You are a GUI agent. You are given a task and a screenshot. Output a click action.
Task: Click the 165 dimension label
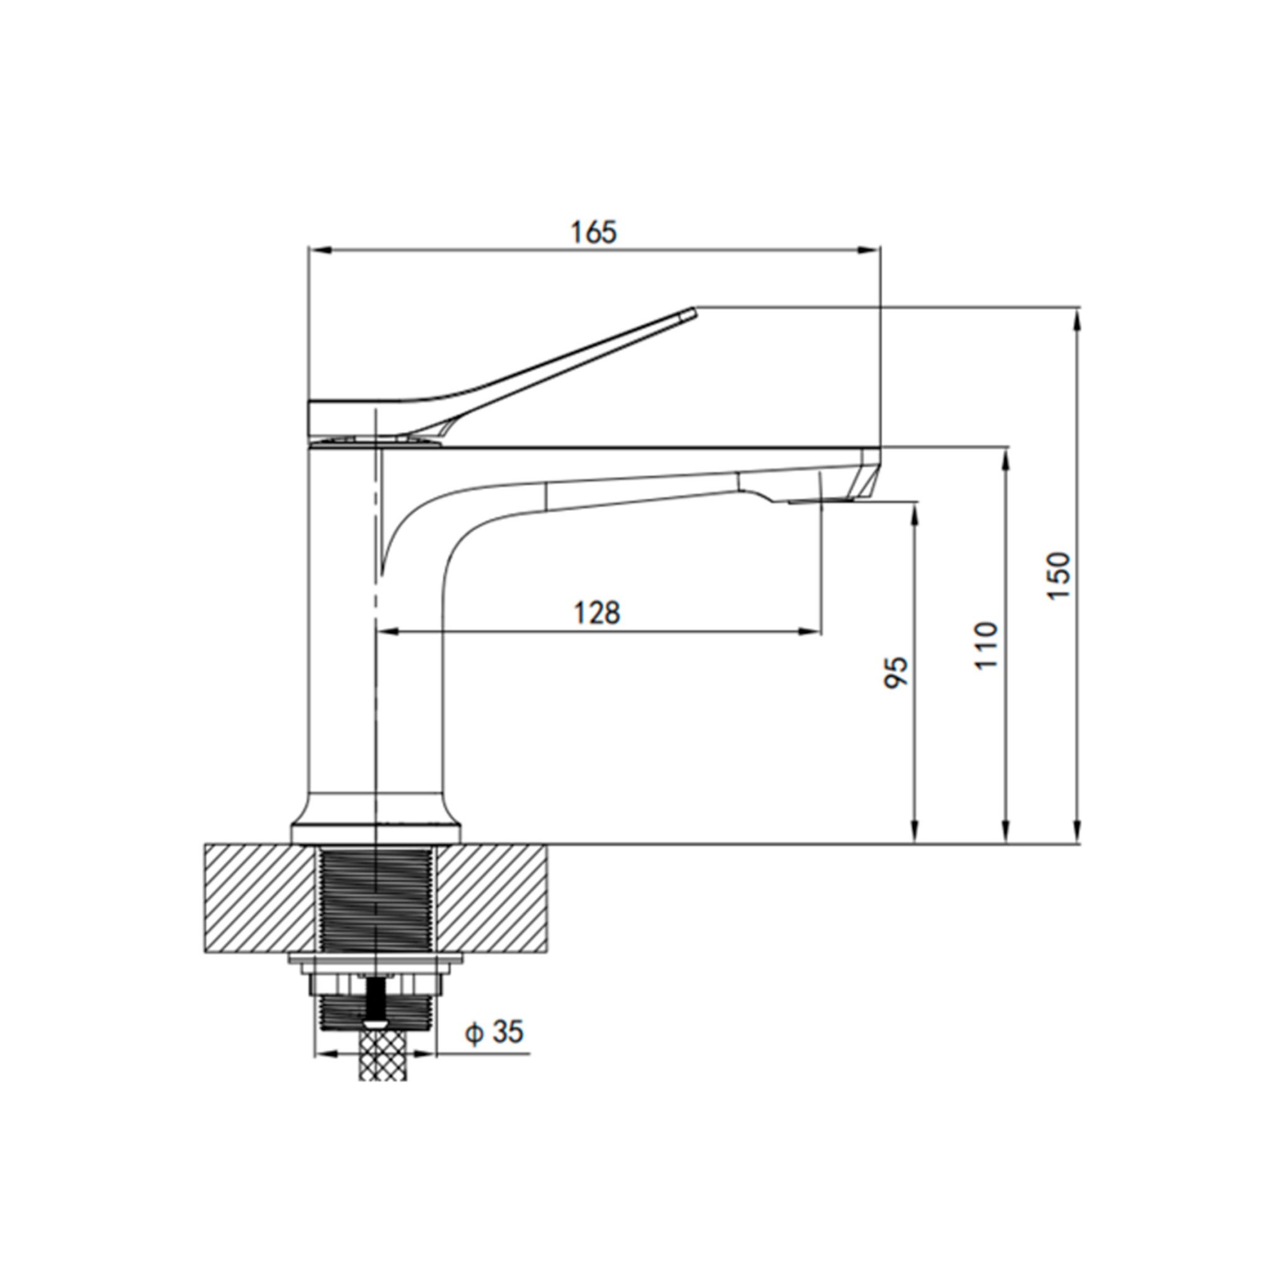(594, 233)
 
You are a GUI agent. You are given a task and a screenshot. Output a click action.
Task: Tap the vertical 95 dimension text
(897, 671)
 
